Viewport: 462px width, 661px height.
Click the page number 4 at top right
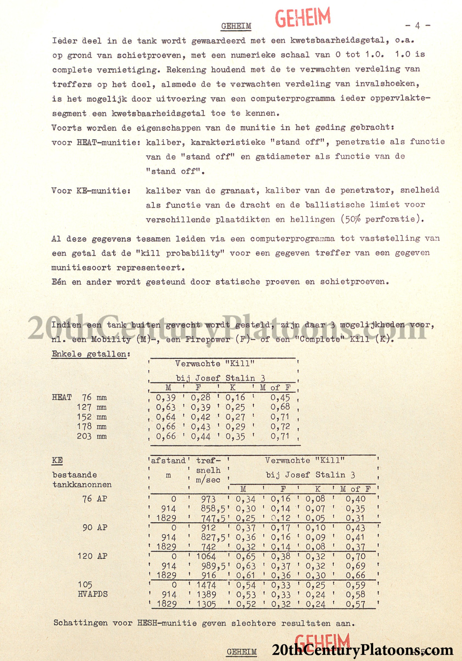(418, 26)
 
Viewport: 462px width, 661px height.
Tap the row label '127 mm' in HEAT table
(91, 407)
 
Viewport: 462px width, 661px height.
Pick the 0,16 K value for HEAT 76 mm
(235, 398)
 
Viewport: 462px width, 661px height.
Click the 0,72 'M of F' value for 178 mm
(280, 426)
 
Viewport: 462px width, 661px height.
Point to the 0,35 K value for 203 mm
(235, 436)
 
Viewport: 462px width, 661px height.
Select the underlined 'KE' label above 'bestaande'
(57, 460)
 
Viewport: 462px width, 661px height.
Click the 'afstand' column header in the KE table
(168, 460)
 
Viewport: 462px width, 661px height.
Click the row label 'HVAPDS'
(92, 594)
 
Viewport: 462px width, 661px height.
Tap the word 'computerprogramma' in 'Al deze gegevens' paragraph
(292, 238)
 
